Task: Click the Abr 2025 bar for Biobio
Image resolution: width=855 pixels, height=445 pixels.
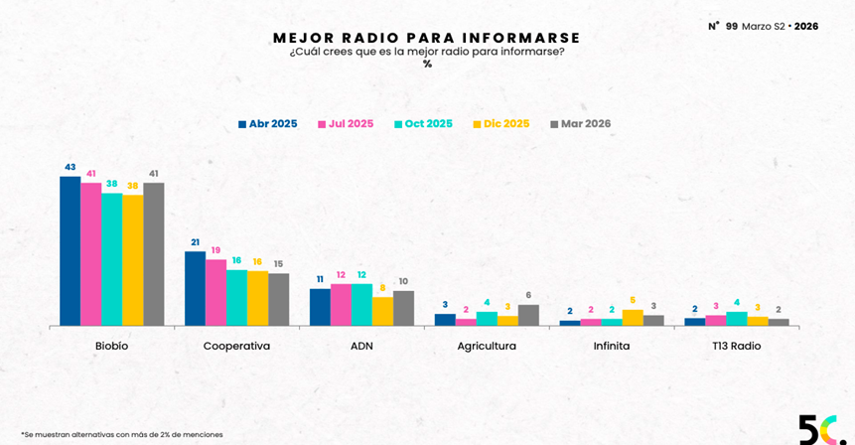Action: click(70, 250)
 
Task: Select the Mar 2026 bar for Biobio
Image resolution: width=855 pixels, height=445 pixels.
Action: click(153, 253)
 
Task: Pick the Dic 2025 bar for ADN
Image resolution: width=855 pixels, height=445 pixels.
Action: click(382, 311)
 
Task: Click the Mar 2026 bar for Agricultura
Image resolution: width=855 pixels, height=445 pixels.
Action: click(528, 315)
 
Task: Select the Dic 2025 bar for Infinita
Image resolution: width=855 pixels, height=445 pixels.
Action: click(633, 318)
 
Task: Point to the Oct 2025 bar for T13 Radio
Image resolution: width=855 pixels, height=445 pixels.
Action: click(737, 319)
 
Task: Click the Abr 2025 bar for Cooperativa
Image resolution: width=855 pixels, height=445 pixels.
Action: click(195, 288)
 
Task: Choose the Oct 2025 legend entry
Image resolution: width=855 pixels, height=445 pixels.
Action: click(423, 124)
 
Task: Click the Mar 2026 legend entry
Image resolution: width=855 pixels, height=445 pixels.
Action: click(580, 124)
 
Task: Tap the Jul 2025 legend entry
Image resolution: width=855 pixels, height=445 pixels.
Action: click(346, 124)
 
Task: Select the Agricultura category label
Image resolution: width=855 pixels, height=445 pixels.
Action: click(487, 346)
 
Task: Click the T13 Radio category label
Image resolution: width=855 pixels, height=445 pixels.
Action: click(736, 346)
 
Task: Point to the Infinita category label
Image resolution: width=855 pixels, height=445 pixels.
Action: click(612, 346)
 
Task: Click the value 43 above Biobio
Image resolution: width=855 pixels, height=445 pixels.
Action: click(70, 167)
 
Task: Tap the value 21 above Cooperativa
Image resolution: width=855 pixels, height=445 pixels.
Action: click(195, 242)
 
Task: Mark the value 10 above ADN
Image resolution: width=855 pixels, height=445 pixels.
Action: click(403, 281)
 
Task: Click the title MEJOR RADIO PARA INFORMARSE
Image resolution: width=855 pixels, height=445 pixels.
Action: click(427, 37)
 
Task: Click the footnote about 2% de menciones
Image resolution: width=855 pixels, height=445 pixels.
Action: click(122, 434)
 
